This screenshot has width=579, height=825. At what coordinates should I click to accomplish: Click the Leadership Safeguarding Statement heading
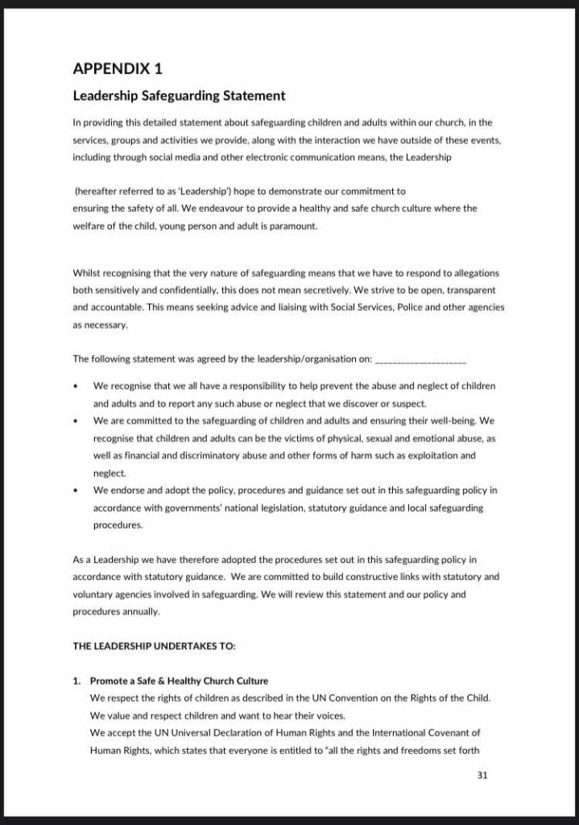click(x=179, y=96)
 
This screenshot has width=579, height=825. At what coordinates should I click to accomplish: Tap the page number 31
click(x=482, y=776)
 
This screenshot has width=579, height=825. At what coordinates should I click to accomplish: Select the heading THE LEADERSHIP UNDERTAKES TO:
click(x=154, y=646)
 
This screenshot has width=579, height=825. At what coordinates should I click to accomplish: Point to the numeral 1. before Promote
click(x=77, y=681)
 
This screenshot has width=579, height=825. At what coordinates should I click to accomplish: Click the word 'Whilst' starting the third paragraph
click(x=86, y=274)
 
